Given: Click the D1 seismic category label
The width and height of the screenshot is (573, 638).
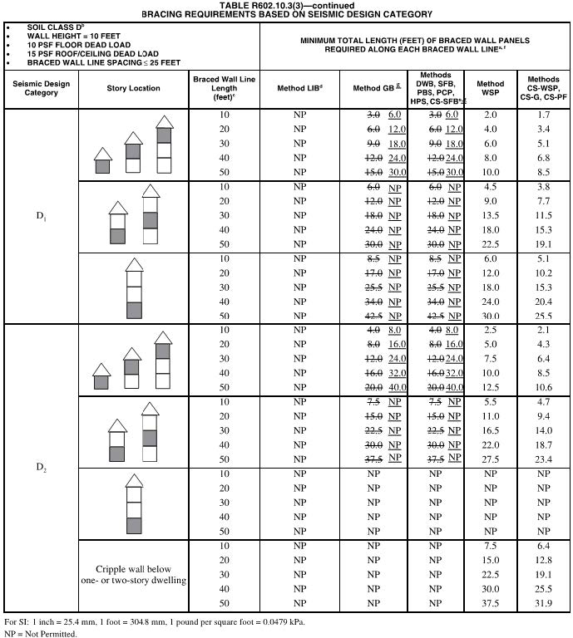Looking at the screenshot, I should tap(41, 216).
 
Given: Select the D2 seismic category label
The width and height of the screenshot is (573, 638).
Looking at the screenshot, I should tap(41, 467).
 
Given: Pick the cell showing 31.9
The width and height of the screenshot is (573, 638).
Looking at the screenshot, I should tap(544, 603).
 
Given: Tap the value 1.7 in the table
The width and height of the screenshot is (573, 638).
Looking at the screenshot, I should tap(544, 115).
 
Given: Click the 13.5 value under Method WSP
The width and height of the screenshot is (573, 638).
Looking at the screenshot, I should tap(491, 215).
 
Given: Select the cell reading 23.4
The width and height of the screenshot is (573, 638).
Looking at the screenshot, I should tap(544, 459).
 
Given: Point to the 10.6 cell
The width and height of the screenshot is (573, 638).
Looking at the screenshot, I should tap(544, 387).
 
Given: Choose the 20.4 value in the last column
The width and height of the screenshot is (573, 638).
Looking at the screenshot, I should tap(544, 302).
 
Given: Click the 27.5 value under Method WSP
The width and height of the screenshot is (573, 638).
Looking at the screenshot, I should tap(491, 459).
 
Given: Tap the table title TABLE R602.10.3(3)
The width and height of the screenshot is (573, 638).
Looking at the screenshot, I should tap(286, 5).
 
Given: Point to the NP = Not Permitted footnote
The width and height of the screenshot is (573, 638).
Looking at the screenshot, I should tap(40, 634).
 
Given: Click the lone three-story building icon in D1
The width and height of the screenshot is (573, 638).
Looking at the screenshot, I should tap(134, 288).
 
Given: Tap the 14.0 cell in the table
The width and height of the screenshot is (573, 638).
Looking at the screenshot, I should tap(544, 430).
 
